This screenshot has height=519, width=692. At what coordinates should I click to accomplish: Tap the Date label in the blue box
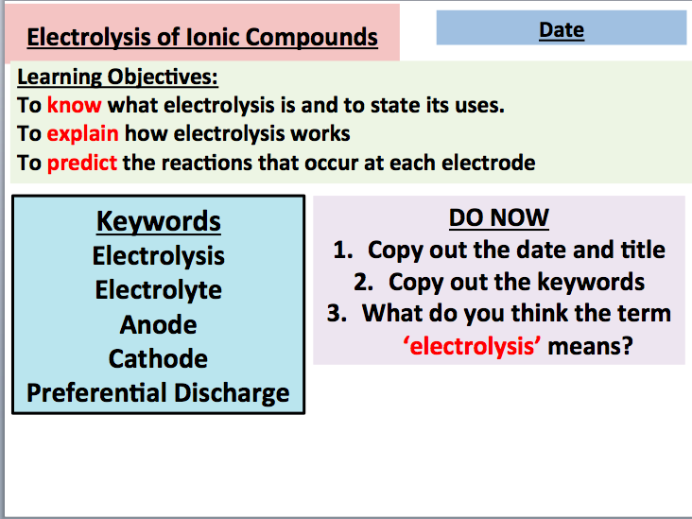pos(562,29)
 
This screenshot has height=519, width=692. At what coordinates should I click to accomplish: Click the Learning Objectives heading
pos(117,77)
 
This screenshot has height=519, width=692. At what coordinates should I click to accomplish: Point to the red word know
pos(74,105)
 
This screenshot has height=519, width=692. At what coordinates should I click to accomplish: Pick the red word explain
pos(83,133)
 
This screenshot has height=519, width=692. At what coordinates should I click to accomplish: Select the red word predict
pos(82,163)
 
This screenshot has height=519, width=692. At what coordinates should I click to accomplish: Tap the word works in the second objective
pos(319,133)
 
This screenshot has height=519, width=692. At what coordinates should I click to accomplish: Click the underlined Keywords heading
pos(159,221)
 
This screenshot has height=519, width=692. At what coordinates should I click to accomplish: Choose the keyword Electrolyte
pos(159,289)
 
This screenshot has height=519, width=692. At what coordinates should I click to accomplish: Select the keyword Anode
pos(159,324)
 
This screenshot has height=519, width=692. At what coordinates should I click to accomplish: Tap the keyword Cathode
pos(159,358)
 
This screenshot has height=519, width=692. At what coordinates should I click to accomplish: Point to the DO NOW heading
pos(498,218)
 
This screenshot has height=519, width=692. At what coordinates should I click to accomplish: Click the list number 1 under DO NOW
pos(341,251)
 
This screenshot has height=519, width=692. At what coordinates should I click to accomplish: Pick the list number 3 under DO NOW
pos(336,314)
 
